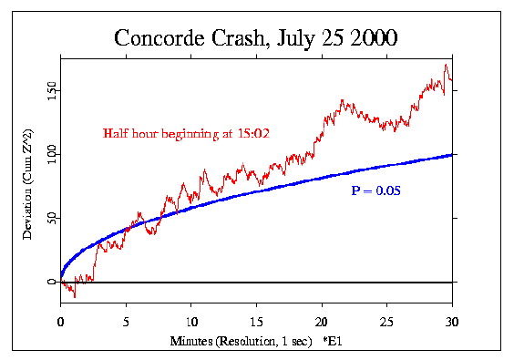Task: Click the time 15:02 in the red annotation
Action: click(x=252, y=134)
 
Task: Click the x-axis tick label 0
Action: click(x=60, y=321)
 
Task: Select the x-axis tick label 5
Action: click(x=126, y=321)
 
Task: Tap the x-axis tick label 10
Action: click(x=190, y=321)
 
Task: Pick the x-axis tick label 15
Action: click(x=256, y=321)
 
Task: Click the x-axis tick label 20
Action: click(x=321, y=321)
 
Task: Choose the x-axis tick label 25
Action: click(x=386, y=321)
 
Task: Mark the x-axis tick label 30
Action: click(x=451, y=321)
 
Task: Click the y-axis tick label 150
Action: click(x=51, y=90)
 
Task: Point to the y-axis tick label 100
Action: click(x=51, y=154)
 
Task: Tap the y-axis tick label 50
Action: click(x=51, y=219)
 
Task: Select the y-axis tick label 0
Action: click(x=51, y=283)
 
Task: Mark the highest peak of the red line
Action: click(x=446, y=65)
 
